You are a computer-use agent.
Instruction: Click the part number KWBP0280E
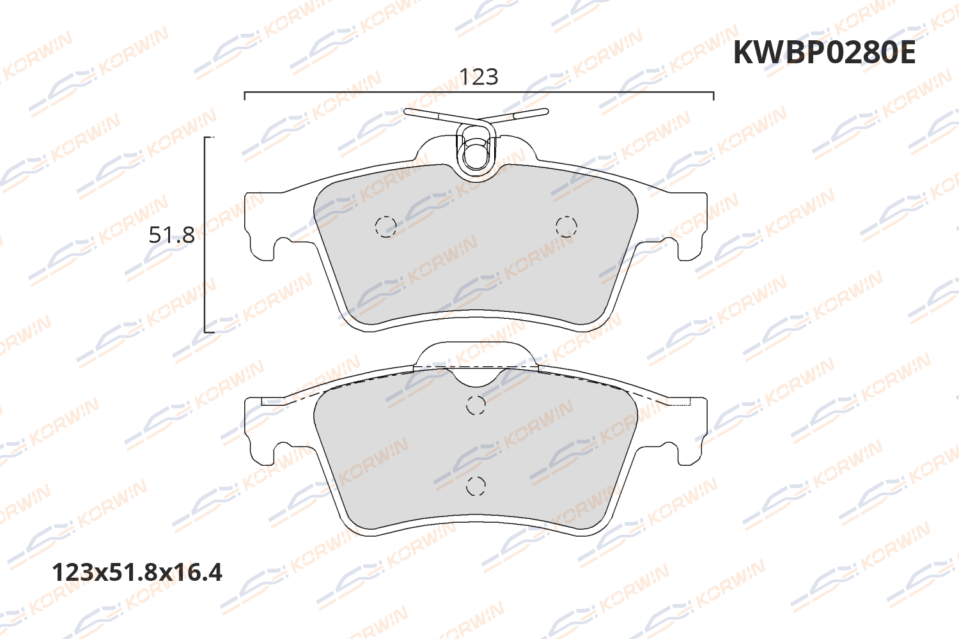(x=823, y=52)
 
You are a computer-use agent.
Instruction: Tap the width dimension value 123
(x=478, y=77)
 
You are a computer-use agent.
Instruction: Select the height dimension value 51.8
(x=171, y=235)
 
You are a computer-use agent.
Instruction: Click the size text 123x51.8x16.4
(x=137, y=572)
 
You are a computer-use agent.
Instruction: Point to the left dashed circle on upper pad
(x=386, y=226)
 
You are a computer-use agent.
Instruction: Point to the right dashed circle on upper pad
(x=566, y=226)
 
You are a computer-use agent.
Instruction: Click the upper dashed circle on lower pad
(x=476, y=404)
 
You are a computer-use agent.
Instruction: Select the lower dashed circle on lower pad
(x=476, y=486)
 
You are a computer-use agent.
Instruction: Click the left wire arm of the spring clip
(x=435, y=116)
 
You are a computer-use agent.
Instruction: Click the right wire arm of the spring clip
(x=518, y=114)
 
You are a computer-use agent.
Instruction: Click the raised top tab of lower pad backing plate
(x=476, y=351)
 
